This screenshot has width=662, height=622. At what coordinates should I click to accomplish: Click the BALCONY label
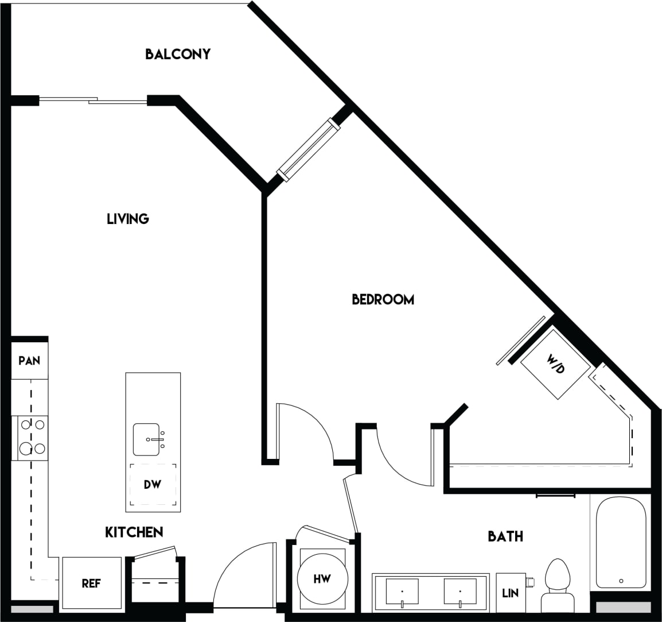(178, 54)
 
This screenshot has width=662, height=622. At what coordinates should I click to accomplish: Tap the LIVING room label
(128, 219)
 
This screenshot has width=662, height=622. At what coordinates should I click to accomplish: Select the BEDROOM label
(383, 299)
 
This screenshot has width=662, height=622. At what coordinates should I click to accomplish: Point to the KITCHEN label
(134, 532)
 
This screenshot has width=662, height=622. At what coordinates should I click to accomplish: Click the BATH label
(505, 536)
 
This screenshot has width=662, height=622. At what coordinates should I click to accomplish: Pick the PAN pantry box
(29, 361)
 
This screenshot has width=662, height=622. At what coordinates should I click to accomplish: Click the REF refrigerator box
(91, 584)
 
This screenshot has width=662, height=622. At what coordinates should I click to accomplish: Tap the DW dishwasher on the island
(153, 485)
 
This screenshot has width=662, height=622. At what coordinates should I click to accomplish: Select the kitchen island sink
(147, 439)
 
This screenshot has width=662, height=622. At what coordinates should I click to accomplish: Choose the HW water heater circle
(322, 579)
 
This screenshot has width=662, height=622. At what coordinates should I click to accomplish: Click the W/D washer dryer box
(555, 364)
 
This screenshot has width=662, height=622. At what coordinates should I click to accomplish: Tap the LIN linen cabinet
(511, 593)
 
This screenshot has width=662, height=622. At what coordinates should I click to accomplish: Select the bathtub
(621, 542)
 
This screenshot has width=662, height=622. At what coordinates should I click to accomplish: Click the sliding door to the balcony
(93, 101)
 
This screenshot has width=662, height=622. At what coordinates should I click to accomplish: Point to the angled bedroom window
(309, 149)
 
